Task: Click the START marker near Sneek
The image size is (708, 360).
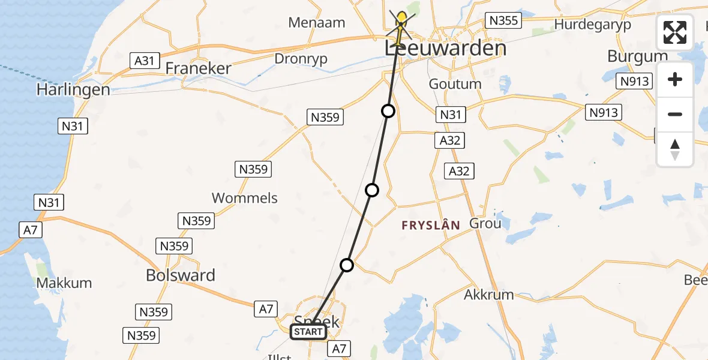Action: tap(309, 332)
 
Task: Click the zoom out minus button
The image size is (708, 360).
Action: tap(675, 115)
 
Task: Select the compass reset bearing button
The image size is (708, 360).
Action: tap(675, 149)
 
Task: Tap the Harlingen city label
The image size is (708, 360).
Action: tap(73, 90)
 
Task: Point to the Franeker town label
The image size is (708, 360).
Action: tap(198, 68)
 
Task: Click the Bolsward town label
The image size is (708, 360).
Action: tap(181, 275)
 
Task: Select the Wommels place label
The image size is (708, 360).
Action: tap(245, 198)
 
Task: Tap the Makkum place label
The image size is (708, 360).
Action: tap(64, 283)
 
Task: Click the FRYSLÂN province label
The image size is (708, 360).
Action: tap(431, 226)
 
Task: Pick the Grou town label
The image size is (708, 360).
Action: tap(485, 224)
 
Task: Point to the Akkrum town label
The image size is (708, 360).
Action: tap(489, 295)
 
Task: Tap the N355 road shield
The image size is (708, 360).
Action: tap(503, 21)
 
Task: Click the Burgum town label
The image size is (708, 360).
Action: tap(637, 56)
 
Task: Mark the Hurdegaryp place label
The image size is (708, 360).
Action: tap(593, 25)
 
